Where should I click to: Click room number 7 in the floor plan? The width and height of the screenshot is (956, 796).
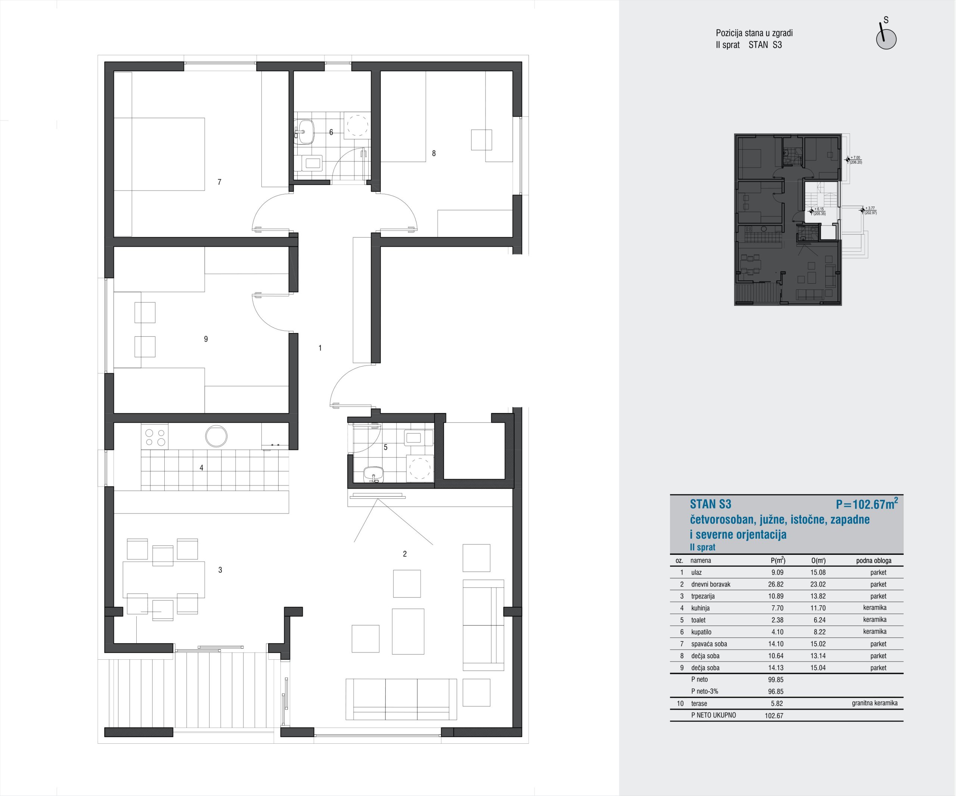pos(220,182)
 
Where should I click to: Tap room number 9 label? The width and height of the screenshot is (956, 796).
pos(206,339)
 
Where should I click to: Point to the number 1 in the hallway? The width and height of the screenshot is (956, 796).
pos(320,348)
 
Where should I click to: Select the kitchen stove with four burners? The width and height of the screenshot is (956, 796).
pos(155,436)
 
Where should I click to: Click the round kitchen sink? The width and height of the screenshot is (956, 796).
pos(216,436)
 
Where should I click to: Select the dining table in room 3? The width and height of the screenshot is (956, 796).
pos(164,579)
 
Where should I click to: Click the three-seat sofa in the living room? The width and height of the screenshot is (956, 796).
pos(401,700)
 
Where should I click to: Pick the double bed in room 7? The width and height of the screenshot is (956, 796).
pos(159,154)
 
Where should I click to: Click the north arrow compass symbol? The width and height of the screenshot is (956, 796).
pos(886,37)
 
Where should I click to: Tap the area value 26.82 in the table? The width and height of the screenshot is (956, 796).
pos(776,584)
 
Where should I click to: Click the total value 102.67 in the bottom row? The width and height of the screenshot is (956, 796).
pos(774,715)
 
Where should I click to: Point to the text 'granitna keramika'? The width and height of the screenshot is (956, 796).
pos(875,703)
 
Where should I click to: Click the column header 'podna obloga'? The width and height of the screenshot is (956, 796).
pos(873,561)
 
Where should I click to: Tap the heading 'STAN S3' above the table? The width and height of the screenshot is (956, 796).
pos(710,504)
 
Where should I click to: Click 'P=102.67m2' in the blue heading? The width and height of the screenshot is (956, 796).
pos(867,503)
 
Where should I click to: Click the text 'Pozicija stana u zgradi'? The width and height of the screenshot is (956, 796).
pos(754,33)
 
